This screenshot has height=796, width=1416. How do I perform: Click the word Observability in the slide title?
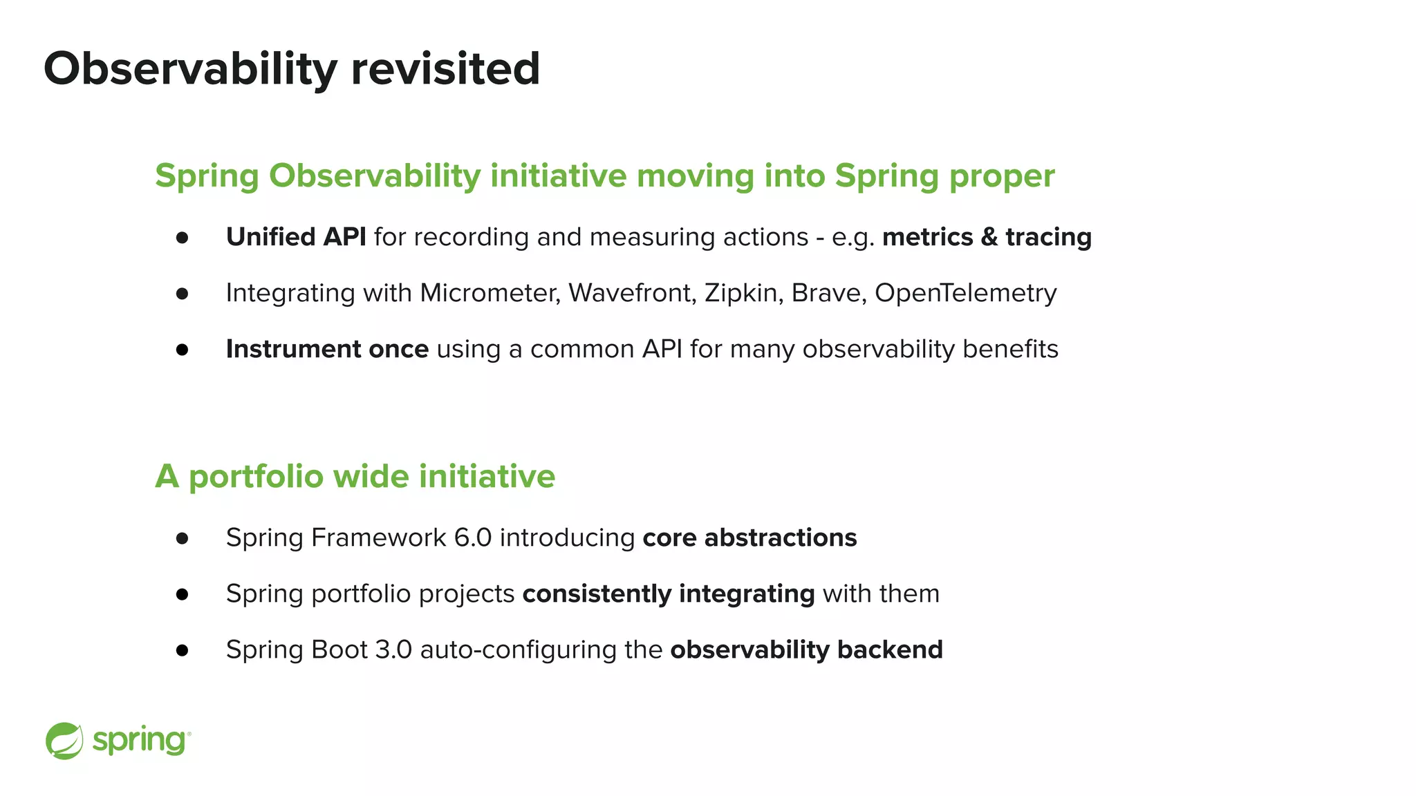coord(190,69)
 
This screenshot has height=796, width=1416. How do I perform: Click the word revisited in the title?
coord(445,69)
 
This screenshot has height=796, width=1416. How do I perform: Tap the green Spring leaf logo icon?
coord(64,741)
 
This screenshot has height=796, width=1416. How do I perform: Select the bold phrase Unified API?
coord(296,237)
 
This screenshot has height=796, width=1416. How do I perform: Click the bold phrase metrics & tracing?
coord(987,237)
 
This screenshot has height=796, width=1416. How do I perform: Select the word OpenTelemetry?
coord(965,293)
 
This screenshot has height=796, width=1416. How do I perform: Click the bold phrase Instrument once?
coord(327,349)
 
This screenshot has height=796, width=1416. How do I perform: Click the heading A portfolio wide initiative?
coord(355,476)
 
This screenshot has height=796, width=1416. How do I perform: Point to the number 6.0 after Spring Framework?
coord(472,538)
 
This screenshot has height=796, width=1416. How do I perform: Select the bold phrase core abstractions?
coord(749,538)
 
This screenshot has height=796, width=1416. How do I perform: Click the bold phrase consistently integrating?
coord(668,594)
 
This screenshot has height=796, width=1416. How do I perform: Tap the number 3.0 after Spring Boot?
coord(393,650)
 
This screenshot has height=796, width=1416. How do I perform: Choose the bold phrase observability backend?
coord(806,650)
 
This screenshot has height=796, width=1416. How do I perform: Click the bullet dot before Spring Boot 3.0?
coord(183,650)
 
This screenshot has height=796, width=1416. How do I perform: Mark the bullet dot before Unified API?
coord(183,238)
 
